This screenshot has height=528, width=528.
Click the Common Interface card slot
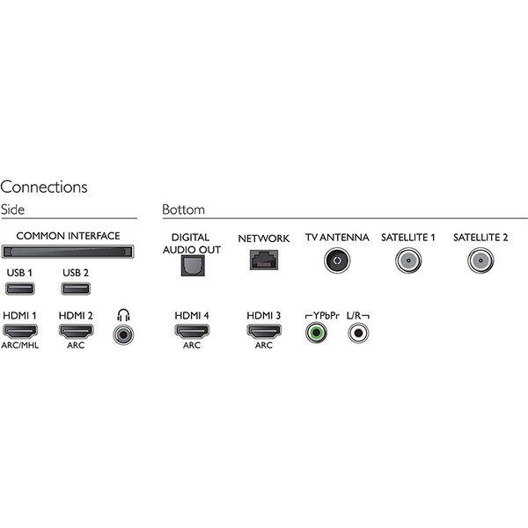point(68,252)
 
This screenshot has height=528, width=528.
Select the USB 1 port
point(20,289)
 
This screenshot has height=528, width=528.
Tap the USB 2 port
point(76,289)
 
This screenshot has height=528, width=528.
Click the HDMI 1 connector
point(20,332)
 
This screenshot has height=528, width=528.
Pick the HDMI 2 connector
point(76,332)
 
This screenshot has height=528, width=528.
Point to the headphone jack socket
point(123,334)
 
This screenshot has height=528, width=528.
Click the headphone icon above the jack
point(123,315)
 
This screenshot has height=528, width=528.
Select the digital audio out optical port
point(193,266)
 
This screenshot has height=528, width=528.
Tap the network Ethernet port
point(264,260)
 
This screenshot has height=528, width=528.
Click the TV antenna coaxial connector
point(337,260)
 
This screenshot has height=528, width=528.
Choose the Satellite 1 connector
point(408,260)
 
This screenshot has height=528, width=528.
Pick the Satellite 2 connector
point(480,260)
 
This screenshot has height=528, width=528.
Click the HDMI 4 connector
point(192,332)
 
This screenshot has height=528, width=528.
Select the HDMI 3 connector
point(264,332)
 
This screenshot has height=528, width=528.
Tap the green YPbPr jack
point(316,333)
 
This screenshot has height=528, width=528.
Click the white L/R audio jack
point(358,333)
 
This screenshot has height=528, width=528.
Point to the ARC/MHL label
point(20,345)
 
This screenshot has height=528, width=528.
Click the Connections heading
point(44,187)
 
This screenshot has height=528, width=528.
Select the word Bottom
point(184,209)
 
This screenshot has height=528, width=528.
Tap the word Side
point(13,209)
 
